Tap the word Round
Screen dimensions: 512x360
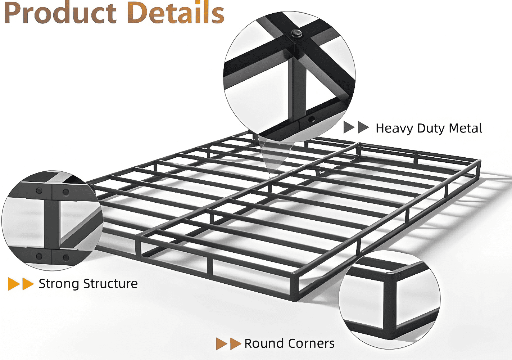tap(264, 343)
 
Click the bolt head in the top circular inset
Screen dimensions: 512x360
tap(296, 34)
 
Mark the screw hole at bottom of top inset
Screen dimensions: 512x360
tap(311, 119)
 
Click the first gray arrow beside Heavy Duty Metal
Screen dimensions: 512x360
tap(349, 127)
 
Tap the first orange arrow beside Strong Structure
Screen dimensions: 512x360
tap(14, 284)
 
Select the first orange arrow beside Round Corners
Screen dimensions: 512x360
tap(222, 343)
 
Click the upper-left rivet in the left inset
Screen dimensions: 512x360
tap(39, 190)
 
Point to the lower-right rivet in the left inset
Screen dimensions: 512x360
tap(66, 258)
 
